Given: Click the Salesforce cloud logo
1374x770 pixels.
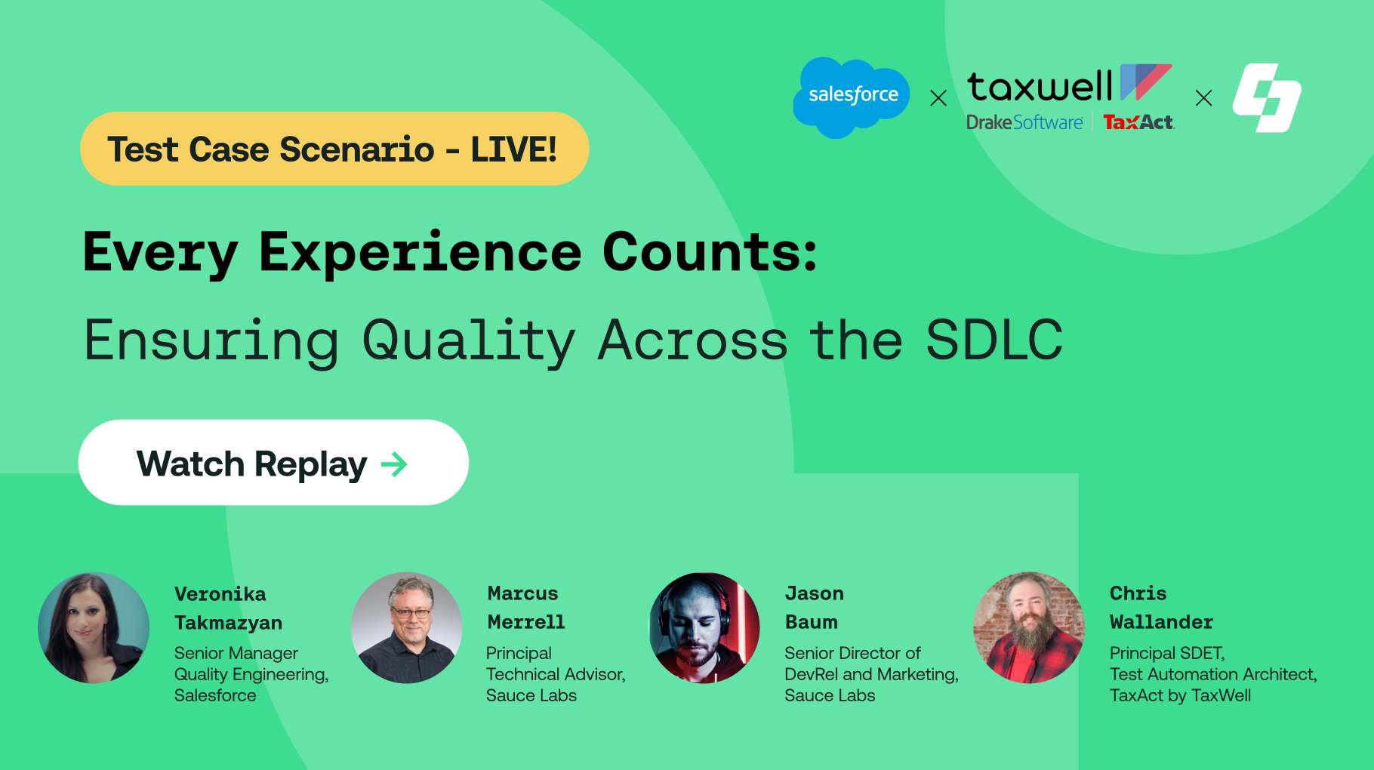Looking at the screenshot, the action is point(852,97).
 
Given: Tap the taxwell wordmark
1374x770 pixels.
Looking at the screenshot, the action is point(1040,86).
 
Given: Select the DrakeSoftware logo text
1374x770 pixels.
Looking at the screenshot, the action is point(1024,122).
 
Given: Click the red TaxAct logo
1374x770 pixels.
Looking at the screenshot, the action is point(1138,122).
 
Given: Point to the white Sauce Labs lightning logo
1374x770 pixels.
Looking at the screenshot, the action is point(1268,97).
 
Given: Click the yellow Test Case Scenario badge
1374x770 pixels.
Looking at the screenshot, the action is point(334,149).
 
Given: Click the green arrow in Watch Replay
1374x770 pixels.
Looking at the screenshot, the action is point(394,464).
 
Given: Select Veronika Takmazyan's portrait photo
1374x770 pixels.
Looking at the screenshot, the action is point(94,628).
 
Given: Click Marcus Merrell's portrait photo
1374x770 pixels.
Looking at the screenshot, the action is point(407,628).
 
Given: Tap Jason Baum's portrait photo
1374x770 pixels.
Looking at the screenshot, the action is point(705,628).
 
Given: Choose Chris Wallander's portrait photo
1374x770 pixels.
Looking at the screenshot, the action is point(1029,628).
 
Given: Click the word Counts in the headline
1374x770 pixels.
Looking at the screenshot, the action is point(710,252).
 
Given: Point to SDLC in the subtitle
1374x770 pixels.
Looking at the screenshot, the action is point(994,340).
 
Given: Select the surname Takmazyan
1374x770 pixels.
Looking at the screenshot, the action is point(229,624).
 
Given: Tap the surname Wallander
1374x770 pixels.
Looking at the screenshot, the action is point(1162,622).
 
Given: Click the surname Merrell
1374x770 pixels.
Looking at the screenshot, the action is point(526,622).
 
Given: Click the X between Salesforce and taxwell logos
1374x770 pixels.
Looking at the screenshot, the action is point(938,98).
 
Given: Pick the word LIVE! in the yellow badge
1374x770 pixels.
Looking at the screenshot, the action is point(514,149).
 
